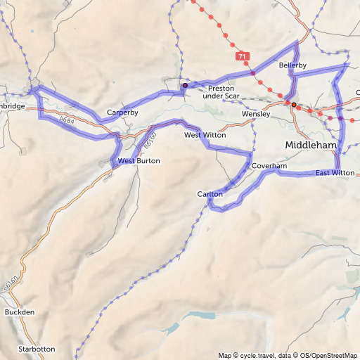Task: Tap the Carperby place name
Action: (122, 112)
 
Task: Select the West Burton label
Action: (139, 161)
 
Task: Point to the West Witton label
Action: (202, 135)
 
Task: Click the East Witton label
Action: (335, 173)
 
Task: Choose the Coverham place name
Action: (269, 166)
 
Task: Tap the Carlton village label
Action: (210, 193)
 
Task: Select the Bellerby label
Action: (292, 65)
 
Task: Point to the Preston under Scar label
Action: (226, 93)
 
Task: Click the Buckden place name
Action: (19, 311)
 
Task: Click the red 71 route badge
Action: (243, 56)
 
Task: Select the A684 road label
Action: (67, 122)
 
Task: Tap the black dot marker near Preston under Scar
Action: (185, 85)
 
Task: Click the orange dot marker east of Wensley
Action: (294, 104)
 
